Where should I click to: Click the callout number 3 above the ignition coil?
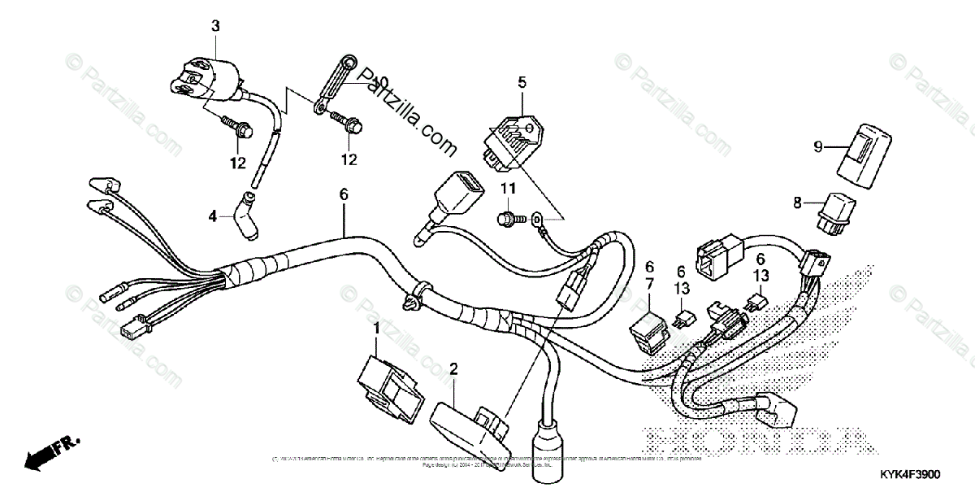[x=215, y=26]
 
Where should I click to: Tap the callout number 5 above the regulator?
[x=522, y=81]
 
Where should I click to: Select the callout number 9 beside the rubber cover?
[x=818, y=146]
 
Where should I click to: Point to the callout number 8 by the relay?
[x=797, y=201]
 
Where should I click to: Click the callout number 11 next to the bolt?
[x=508, y=190]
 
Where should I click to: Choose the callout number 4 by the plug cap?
[x=213, y=216]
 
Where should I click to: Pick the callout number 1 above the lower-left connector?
[x=376, y=328]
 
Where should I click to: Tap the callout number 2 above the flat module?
[x=453, y=368]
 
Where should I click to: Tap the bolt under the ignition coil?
[x=236, y=128]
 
